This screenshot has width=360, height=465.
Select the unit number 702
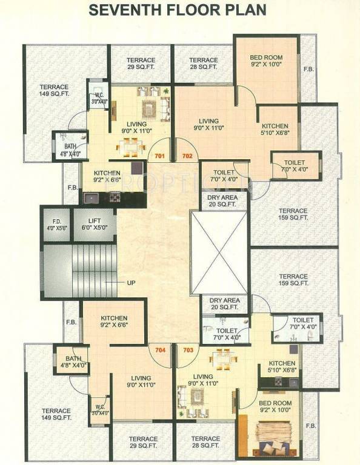point(187,156)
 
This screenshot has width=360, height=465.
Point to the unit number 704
point(160,350)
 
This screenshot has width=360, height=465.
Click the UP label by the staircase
point(131,283)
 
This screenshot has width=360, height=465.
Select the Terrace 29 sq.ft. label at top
point(141,64)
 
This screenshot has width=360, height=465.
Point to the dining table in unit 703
point(223,361)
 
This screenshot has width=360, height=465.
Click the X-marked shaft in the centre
point(219,252)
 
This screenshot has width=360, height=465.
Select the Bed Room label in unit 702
point(266,61)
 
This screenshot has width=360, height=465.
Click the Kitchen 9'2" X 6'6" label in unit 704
point(114,322)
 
